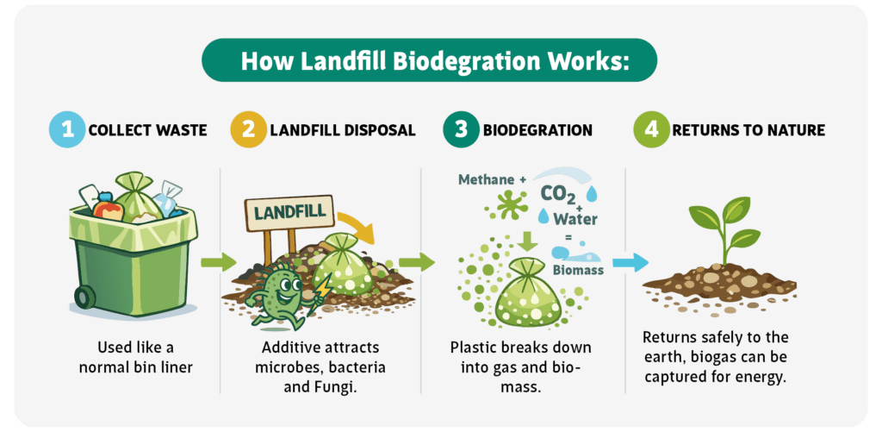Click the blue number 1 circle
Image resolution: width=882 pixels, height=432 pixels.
click(x=68, y=130)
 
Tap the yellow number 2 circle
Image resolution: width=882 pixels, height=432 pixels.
click(x=247, y=130)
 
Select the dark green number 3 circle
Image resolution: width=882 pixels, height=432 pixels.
click(x=462, y=130)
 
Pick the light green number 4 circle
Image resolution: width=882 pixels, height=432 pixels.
click(x=651, y=130)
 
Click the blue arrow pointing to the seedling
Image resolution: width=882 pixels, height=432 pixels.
click(x=630, y=262)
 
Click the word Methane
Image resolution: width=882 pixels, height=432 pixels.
click(x=486, y=180)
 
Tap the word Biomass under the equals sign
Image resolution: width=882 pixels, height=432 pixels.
click(x=577, y=271)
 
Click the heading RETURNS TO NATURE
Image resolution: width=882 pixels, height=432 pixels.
click(x=748, y=131)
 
